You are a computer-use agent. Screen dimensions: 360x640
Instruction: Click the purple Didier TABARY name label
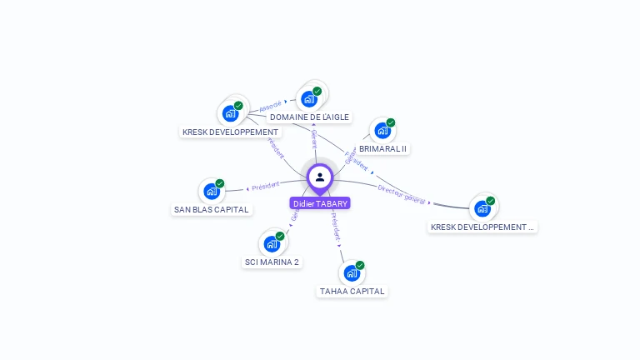[320, 203]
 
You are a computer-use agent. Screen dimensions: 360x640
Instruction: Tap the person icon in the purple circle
[320, 177]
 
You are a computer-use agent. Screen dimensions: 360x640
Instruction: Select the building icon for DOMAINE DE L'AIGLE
[309, 99]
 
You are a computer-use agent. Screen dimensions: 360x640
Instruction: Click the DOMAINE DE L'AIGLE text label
[309, 117]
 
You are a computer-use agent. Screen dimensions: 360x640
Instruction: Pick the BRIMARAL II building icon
[382, 130]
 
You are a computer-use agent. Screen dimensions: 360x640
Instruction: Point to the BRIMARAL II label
[382, 149]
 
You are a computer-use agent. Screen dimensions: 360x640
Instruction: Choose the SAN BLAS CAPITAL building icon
[212, 191]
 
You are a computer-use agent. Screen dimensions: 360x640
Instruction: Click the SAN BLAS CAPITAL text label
[212, 210]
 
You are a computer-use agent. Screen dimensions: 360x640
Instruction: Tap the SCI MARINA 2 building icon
[272, 243]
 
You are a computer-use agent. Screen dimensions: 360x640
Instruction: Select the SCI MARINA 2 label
[272, 262]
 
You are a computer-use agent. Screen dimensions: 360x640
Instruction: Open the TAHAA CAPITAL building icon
[352, 272]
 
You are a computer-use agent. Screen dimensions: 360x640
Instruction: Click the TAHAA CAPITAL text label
[352, 292]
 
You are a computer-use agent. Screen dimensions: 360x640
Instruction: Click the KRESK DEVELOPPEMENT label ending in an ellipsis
[482, 227]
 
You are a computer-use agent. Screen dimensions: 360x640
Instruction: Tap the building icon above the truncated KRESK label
[482, 207]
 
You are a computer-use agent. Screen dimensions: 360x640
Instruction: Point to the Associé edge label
[271, 106]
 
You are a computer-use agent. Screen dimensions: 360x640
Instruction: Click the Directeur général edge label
[402, 194]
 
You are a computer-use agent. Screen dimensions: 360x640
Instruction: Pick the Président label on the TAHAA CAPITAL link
[335, 231]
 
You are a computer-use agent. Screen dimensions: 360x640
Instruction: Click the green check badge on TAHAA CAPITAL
[360, 265]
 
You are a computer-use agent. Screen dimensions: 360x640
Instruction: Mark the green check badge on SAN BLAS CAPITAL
[220, 183]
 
